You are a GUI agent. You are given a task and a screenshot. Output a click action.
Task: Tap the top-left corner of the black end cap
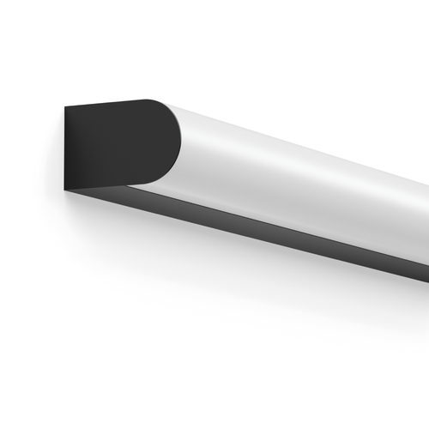coord(65,107)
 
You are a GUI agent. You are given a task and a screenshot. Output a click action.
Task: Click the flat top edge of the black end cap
coord(112,103)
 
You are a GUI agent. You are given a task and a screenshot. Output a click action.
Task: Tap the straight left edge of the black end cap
coord(65,146)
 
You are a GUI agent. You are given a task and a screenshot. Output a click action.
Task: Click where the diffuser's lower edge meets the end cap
coord(131,183)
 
